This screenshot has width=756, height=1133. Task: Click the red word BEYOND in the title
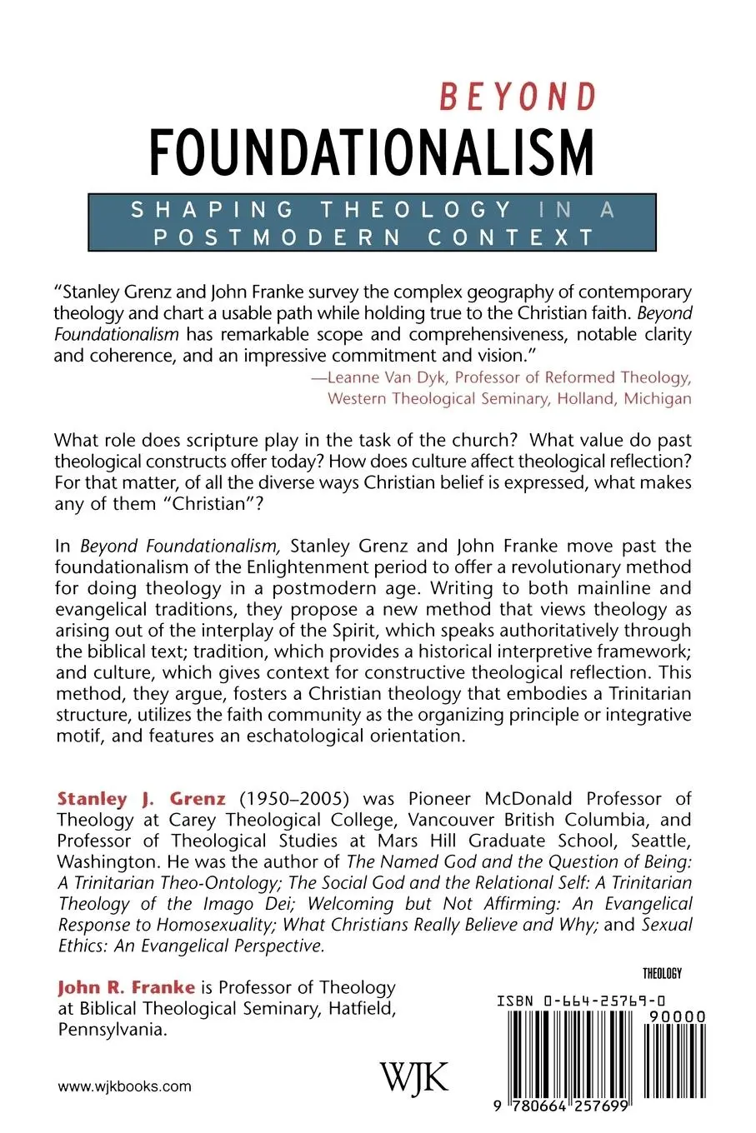(x=518, y=97)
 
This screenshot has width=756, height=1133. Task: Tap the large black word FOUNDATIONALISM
(x=371, y=152)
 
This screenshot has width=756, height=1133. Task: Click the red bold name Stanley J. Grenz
(x=142, y=799)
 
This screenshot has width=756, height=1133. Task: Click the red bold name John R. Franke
(x=126, y=987)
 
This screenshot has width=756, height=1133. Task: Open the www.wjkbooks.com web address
(x=125, y=1086)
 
